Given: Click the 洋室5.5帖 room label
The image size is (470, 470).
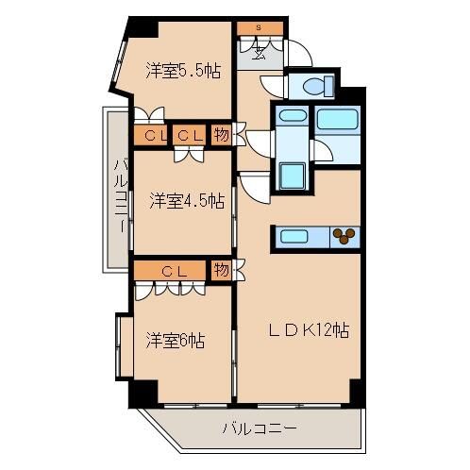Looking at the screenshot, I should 183,71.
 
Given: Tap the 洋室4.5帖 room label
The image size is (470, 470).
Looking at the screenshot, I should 186,200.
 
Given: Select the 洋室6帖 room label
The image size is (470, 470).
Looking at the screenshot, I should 176,339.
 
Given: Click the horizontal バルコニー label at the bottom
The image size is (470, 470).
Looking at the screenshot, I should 260,428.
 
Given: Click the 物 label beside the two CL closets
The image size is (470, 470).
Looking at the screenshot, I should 220,136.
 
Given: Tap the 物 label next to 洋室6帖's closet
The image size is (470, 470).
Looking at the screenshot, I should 220,271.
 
